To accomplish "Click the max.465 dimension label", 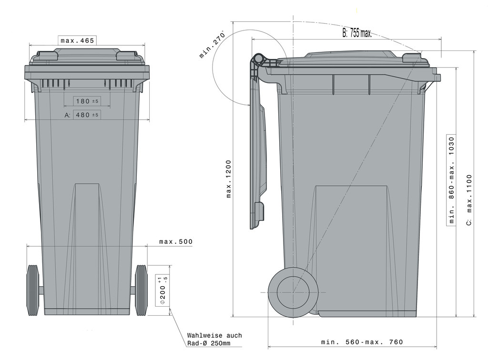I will pos(77,40).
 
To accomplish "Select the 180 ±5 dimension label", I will pos(87,101).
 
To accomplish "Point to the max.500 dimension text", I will pos(176,242).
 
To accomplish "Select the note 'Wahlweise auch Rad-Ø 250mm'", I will pos(214,339).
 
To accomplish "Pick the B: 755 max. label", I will pos(357,33).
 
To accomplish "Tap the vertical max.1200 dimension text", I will pos(229,179).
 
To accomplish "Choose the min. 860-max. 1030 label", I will pos(451,180).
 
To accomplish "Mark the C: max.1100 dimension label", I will pos(469,200).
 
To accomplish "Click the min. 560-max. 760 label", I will pos(362,342).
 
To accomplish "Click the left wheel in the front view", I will pos(33,290).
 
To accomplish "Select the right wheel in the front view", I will pos(142,290).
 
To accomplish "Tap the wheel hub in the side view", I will pos(293,292).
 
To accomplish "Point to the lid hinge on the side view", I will pos(258,60).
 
